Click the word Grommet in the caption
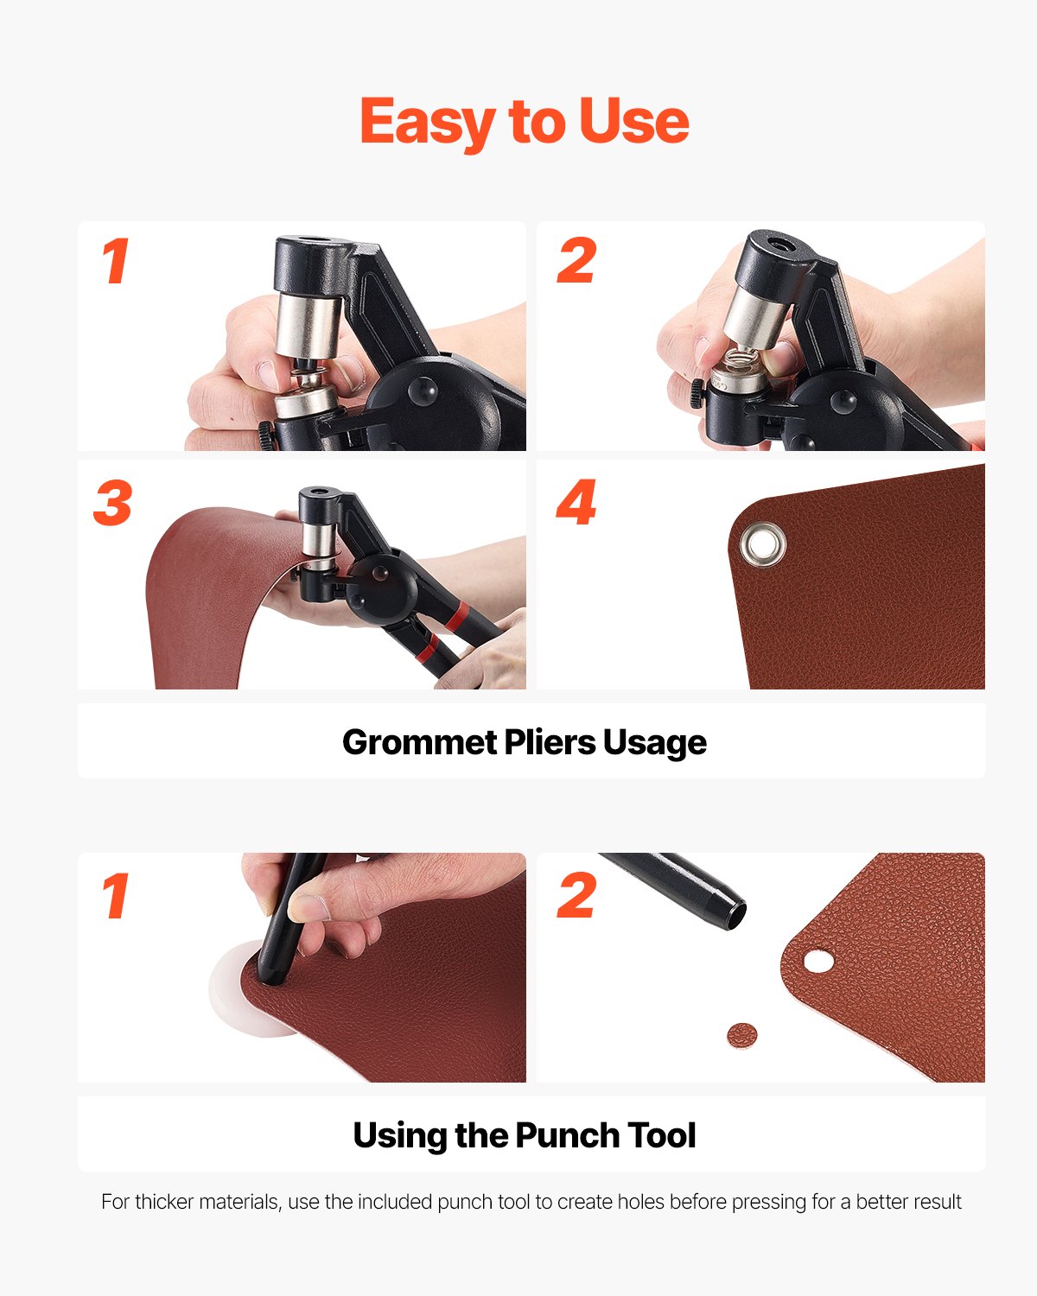419,742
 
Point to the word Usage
655,743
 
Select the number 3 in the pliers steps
113,504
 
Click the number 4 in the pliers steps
576,504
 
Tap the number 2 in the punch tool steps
576,896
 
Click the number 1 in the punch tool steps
115,896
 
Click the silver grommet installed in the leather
762,544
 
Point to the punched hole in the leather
818,961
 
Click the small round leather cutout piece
741,1035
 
